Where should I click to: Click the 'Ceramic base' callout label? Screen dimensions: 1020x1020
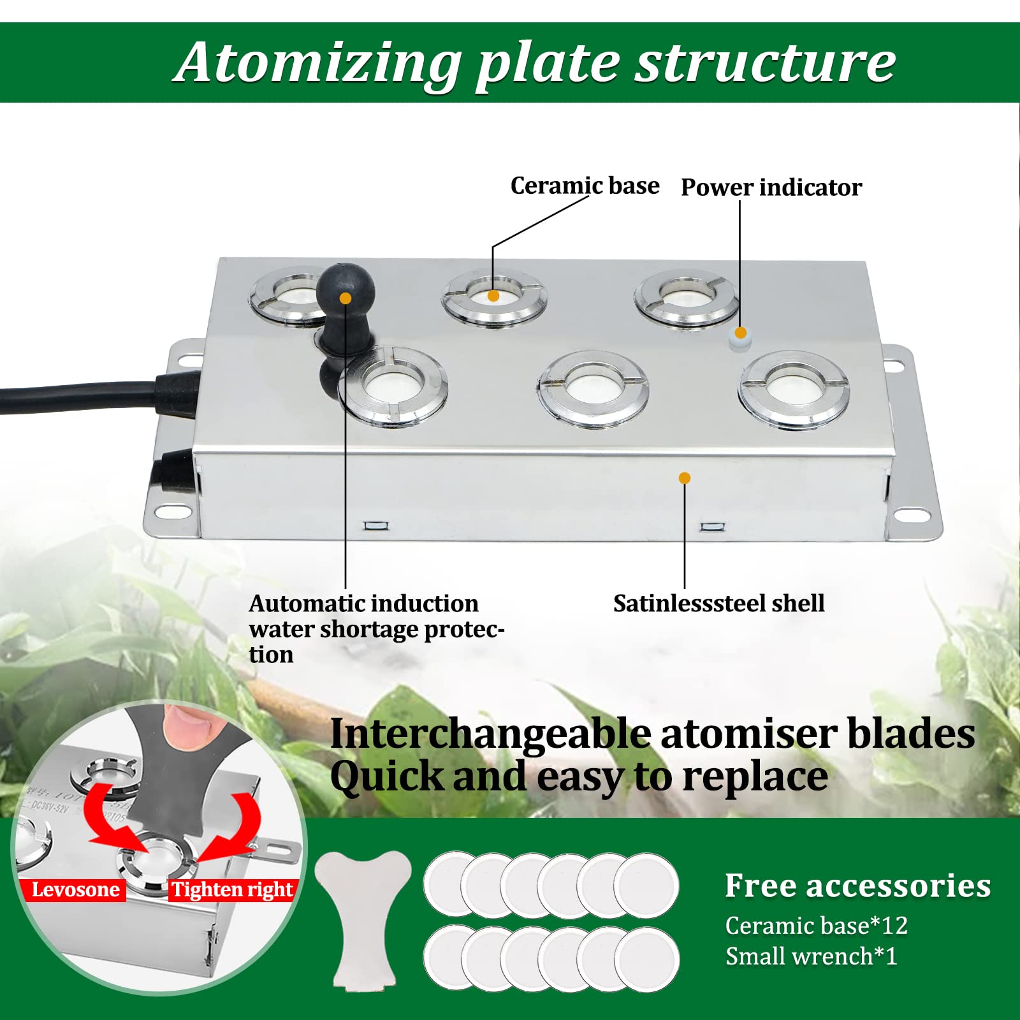[x=585, y=186]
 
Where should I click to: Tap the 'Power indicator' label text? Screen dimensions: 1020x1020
[x=771, y=187]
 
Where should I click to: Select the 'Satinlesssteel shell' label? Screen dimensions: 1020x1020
[x=718, y=603]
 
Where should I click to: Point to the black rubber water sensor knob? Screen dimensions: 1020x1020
[x=346, y=290]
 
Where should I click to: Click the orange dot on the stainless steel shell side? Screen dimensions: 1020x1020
[x=685, y=478]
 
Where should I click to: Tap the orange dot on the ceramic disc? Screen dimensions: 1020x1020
[x=493, y=296]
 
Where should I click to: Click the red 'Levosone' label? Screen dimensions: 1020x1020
[x=75, y=889]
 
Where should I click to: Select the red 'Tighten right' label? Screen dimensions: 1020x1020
[x=232, y=889]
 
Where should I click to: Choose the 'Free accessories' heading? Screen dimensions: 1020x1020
[x=858, y=885]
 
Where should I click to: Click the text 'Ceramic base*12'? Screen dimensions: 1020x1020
[x=817, y=925]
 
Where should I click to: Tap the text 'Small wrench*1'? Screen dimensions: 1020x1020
[x=812, y=956]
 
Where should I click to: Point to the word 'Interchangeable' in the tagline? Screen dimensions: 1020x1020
[x=491, y=734]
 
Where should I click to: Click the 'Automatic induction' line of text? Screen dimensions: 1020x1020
[x=363, y=603]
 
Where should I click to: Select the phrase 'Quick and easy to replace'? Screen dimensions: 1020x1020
[x=579, y=777]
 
